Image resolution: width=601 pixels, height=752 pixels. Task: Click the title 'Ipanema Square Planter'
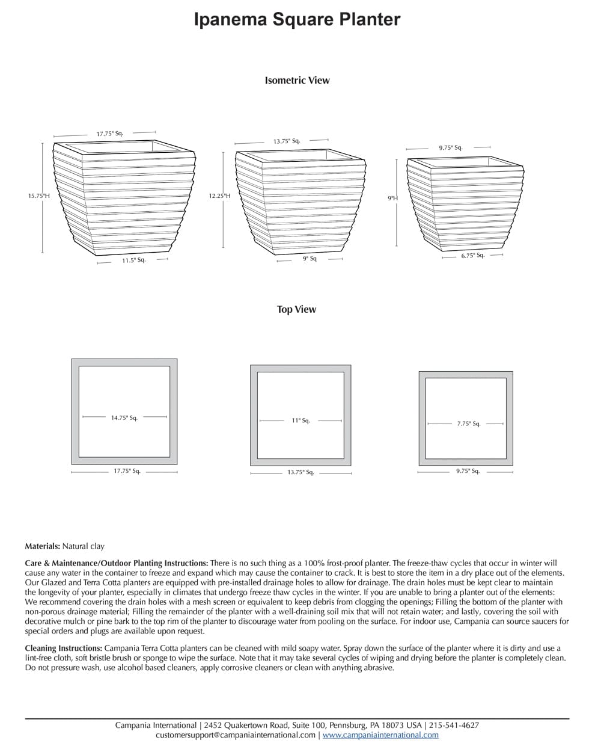point(297,19)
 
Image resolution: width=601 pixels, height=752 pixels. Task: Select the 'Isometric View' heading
point(297,80)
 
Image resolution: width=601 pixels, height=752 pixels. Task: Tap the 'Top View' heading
point(296,309)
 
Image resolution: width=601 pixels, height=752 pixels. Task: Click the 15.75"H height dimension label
point(38,196)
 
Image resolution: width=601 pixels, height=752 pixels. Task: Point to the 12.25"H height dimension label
point(219,196)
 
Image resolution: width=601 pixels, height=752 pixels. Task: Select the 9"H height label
point(392,198)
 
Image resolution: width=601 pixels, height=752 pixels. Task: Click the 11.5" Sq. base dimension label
point(133,260)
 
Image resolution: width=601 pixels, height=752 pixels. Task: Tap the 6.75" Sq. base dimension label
point(472,256)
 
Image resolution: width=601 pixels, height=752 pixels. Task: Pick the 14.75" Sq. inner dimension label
point(124,418)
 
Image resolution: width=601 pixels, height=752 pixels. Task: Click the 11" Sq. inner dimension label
point(300,421)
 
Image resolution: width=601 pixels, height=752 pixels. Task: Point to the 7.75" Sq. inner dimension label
point(468,424)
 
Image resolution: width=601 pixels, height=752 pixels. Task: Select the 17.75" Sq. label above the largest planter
point(109,134)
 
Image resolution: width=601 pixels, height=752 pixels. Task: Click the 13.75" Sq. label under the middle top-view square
point(300,472)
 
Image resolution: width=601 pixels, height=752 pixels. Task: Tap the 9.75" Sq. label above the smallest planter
point(450,147)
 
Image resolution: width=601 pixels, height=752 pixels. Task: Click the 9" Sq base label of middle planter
point(310,259)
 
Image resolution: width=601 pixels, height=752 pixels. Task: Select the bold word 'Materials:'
point(42,546)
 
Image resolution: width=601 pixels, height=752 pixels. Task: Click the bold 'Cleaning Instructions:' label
point(63,649)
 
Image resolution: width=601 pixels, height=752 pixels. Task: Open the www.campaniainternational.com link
point(380,735)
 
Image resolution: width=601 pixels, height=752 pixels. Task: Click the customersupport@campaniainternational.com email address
point(235,735)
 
